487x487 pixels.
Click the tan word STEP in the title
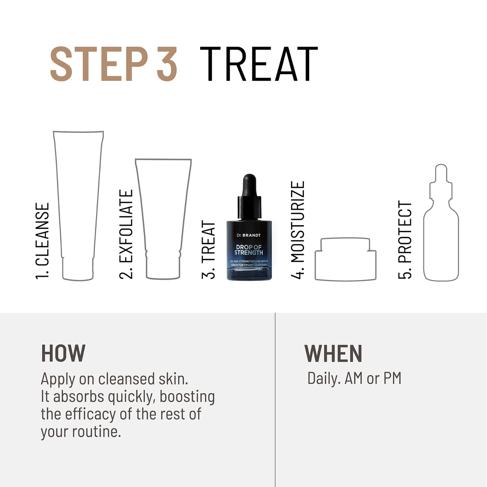(x=98, y=64)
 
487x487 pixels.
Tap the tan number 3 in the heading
(x=167, y=64)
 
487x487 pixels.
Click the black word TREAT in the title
(x=259, y=64)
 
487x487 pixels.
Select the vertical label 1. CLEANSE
(x=43, y=241)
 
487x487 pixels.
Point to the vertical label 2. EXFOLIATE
(x=127, y=234)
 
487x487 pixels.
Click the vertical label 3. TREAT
(x=209, y=250)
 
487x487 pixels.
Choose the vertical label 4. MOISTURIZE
(x=298, y=230)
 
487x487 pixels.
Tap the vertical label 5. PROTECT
(x=405, y=240)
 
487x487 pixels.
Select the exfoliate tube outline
(x=163, y=219)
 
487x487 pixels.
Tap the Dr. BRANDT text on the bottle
(x=249, y=235)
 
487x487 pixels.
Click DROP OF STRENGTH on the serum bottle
(x=249, y=250)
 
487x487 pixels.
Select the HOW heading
(x=63, y=353)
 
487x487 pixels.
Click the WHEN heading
(x=333, y=353)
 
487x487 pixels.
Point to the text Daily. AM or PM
(x=354, y=378)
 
